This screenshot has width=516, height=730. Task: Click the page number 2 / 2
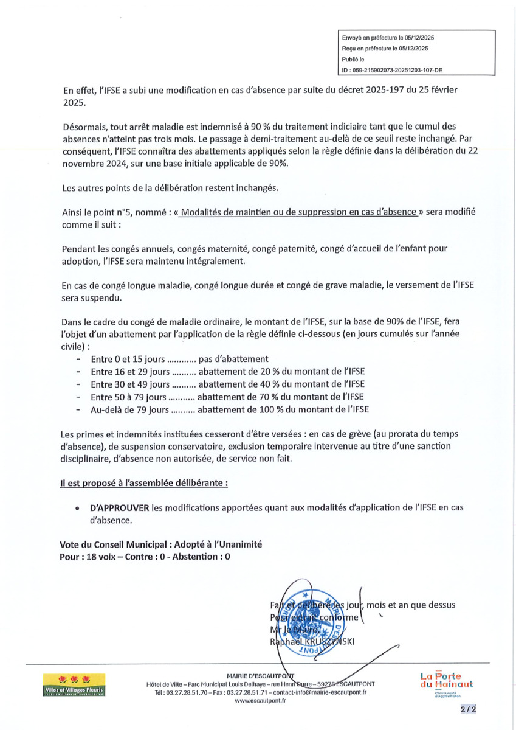pyautogui.click(x=468, y=709)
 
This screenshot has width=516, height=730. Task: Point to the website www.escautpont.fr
pyautogui.click(x=260, y=701)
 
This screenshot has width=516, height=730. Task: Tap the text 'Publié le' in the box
pyautogui.click(x=353, y=60)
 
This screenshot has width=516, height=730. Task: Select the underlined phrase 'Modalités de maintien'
pyautogui.click(x=233, y=212)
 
